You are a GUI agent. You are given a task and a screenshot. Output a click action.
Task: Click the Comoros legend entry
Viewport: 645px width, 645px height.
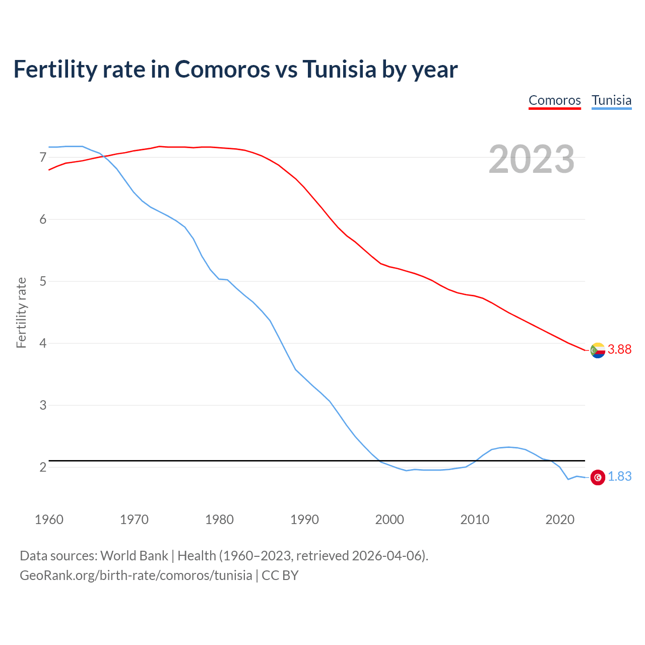pyautogui.click(x=554, y=100)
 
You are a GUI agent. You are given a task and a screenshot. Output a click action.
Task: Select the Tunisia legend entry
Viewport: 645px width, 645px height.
pyautogui.click(x=611, y=100)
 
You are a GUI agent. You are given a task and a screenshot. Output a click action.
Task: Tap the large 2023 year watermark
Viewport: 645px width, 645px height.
pyautogui.click(x=531, y=159)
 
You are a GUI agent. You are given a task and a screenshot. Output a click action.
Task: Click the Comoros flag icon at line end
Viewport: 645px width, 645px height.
pyautogui.click(x=598, y=350)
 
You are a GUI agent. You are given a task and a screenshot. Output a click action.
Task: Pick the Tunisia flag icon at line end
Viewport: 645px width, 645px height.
pyautogui.click(x=598, y=477)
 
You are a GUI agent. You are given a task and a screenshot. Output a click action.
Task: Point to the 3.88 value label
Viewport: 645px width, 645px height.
pyautogui.click(x=619, y=350)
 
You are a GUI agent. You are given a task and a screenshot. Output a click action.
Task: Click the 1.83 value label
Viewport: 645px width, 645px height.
pyautogui.click(x=619, y=477)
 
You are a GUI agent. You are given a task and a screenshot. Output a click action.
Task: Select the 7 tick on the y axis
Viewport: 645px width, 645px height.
pyautogui.click(x=43, y=158)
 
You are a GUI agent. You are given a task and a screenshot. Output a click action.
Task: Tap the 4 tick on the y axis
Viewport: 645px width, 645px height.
pyautogui.click(x=43, y=344)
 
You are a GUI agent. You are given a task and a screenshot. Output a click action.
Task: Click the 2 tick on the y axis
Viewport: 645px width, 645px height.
pyautogui.click(x=43, y=468)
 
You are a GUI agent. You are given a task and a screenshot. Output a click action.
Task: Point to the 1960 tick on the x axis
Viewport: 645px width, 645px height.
pyautogui.click(x=49, y=520)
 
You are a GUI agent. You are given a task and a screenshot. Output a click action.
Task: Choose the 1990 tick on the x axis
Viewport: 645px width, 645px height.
pyautogui.click(x=304, y=520)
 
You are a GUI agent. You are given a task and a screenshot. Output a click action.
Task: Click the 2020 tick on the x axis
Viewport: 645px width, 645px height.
pyautogui.click(x=560, y=520)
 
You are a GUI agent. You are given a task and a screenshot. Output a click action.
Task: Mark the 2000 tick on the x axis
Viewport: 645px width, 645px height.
pyautogui.click(x=390, y=520)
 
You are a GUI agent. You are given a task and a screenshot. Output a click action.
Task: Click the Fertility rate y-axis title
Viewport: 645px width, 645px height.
pyautogui.click(x=21, y=312)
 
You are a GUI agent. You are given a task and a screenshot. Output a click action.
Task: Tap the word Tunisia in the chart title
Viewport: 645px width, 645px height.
pyautogui.click(x=339, y=69)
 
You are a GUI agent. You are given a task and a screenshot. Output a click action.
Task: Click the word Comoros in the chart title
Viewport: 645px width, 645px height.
pyautogui.click(x=222, y=69)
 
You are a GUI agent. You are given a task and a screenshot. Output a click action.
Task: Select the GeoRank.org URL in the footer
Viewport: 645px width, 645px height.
pyautogui.click(x=136, y=575)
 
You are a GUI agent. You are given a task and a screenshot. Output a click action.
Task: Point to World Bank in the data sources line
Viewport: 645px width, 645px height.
pyautogui.click(x=134, y=556)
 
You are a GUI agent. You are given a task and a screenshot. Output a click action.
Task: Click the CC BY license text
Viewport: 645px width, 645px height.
pyautogui.click(x=280, y=575)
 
